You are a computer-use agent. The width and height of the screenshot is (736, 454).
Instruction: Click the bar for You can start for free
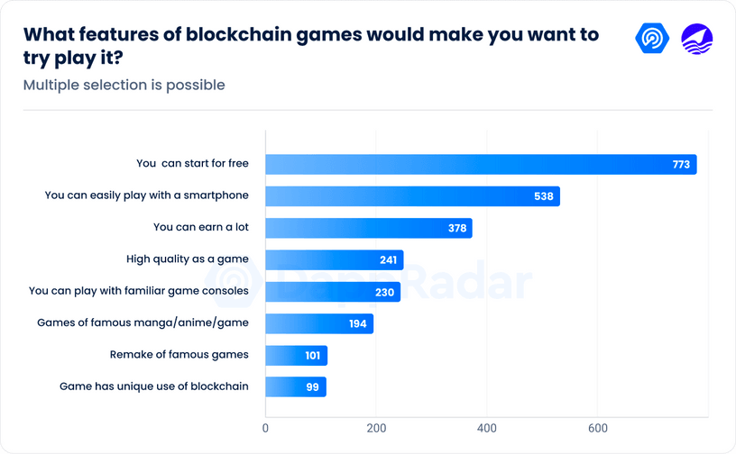point(481,164)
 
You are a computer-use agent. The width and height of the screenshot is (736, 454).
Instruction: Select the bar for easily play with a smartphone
point(412,196)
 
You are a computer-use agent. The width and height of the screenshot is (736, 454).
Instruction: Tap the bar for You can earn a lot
point(368,228)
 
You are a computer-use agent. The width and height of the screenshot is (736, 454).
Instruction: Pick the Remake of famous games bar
point(296,355)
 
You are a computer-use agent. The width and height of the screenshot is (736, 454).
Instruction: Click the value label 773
point(681,165)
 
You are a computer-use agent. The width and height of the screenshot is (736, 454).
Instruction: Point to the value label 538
point(544,196)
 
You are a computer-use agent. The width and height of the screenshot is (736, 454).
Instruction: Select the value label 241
point(389,260)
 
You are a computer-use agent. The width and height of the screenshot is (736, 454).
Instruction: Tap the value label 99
point(313,387)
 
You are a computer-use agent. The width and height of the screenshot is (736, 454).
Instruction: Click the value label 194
point(357,323)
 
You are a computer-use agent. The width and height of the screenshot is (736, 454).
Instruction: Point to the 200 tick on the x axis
point(376,427)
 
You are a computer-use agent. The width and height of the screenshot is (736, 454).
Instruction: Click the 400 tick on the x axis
point(487,427)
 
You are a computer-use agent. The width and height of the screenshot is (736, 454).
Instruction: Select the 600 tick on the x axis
point(597,427)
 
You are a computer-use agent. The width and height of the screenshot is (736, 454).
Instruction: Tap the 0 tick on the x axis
point(265,427)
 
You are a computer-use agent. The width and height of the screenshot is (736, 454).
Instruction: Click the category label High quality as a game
point(187,259)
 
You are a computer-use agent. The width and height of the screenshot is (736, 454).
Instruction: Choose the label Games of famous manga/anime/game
point(143,322)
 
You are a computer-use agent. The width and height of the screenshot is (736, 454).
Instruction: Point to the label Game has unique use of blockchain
point(153,386)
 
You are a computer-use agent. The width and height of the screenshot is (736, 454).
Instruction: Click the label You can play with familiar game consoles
point(138,291)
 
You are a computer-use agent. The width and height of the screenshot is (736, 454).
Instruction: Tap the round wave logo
point(696,38)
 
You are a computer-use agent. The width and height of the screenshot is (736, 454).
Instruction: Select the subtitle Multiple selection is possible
point(124,86)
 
